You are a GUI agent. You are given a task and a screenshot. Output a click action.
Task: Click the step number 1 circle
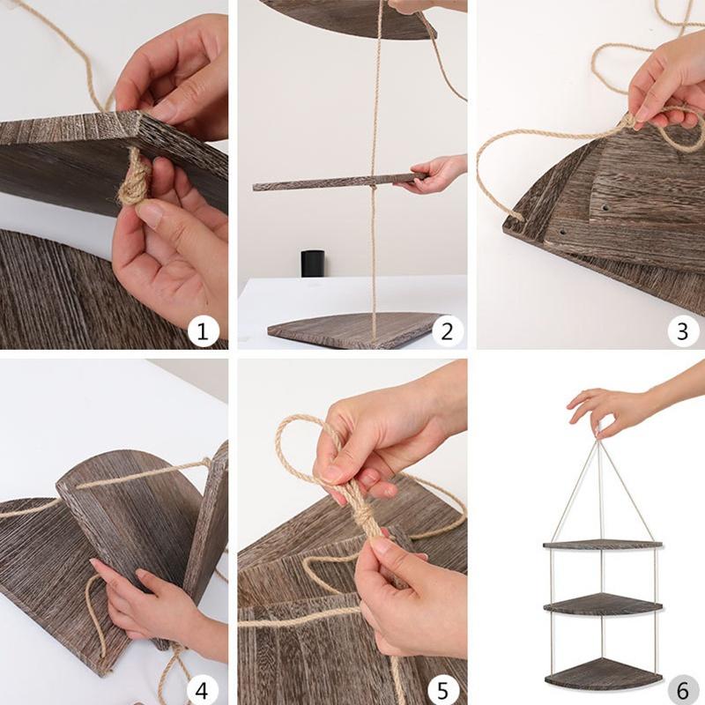coord(203,332)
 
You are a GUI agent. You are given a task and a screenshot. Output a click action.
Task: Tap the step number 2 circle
coord(447,332)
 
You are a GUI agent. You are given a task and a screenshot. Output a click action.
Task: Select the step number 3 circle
coord(683,332)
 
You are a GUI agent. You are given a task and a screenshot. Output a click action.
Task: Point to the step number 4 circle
coord(203,689)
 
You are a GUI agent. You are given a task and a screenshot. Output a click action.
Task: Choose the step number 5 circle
coord(442,689)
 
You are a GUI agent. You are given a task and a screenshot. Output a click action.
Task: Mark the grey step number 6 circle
coord(683,689)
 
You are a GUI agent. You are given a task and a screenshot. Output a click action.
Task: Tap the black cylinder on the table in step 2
coord(313,263)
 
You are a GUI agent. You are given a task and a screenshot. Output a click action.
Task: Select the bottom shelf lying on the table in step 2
coord(355,330)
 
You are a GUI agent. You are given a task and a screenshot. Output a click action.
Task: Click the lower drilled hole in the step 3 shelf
coord(562,234)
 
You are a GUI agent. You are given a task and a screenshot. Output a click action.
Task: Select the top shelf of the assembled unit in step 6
coord(603,545)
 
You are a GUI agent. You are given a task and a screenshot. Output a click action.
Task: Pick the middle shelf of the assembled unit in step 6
coord(603,604)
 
